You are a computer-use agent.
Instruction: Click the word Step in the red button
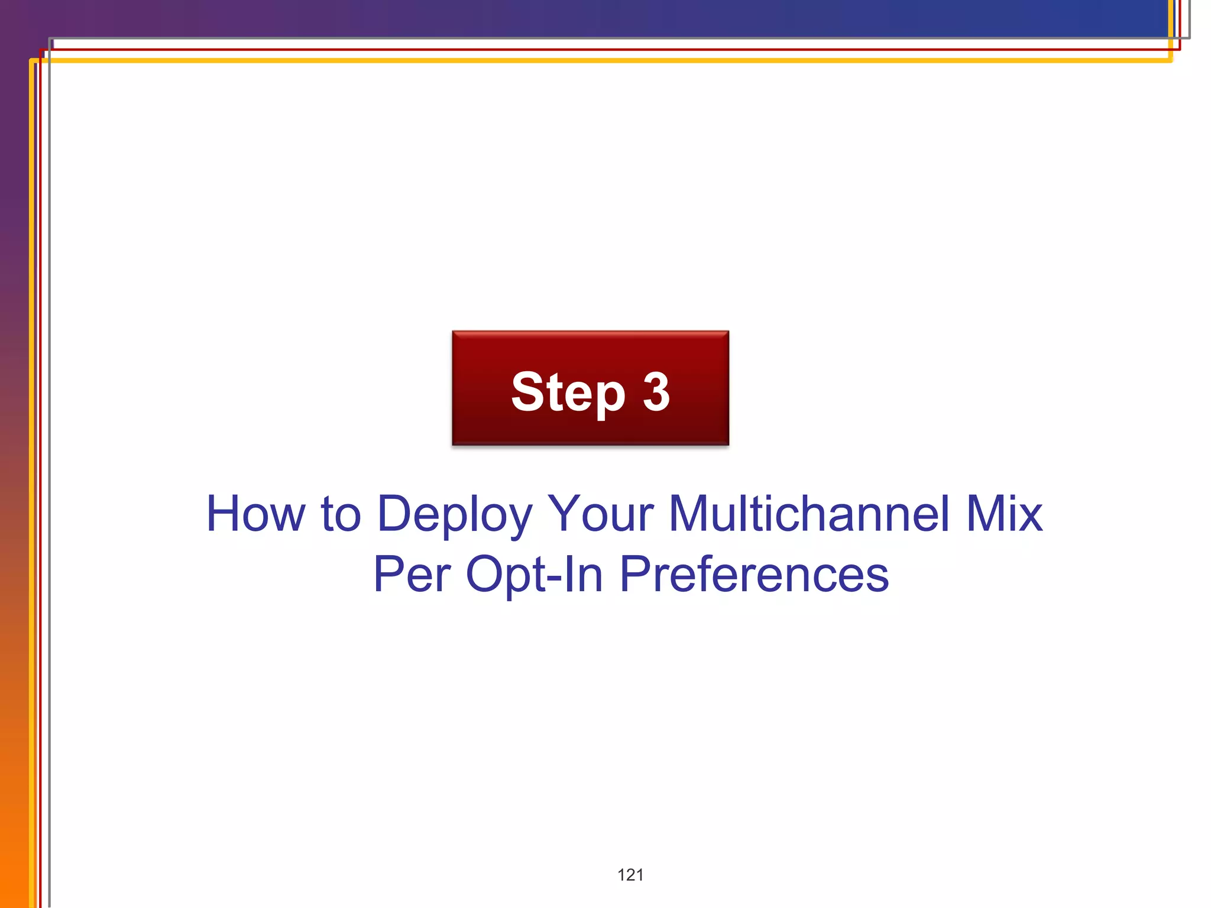tap(568, 393)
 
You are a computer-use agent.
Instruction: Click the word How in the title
tap(255, 513)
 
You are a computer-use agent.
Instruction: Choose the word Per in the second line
tap(412, 574)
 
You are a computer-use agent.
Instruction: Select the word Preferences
tap(754, 574)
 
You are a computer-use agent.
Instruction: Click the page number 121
tap(630, 875)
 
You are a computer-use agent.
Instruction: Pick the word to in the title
tap(341, 513)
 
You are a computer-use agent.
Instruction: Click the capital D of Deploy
tap(394, 513)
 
